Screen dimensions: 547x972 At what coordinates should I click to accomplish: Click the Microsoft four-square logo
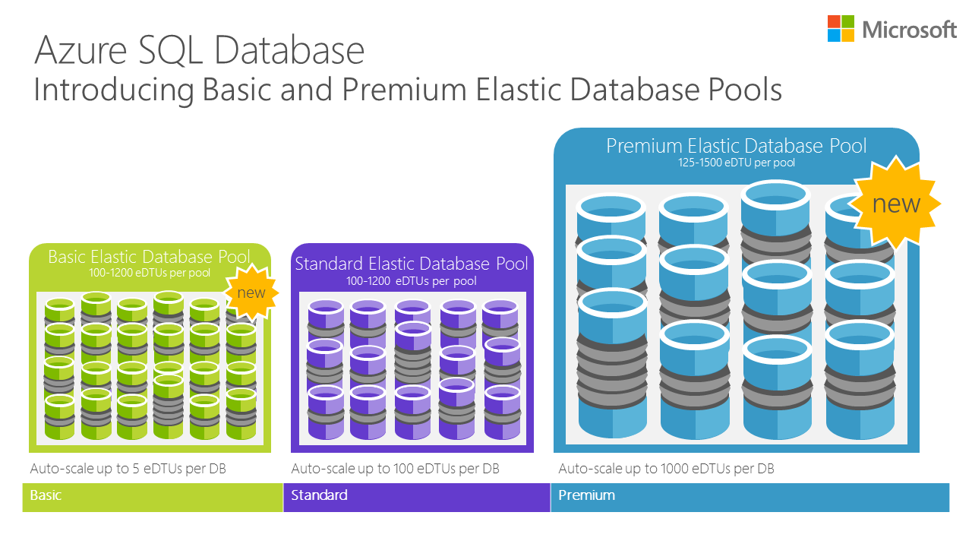coord(841,29)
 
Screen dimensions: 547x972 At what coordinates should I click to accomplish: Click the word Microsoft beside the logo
coord(909,30)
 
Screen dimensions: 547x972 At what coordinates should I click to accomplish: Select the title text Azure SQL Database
coord(200,50)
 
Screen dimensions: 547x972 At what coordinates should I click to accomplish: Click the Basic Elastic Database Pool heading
coord(149,257)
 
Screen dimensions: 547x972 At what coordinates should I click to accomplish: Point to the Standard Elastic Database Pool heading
coord(412,264)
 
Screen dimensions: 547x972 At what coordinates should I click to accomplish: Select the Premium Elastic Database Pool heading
coord(736,146)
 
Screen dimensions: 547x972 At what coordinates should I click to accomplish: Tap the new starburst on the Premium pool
coord(896,204)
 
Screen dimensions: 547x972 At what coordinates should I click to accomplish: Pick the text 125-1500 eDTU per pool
coord(736,163)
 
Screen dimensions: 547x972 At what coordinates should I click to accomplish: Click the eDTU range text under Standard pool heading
coord(412,281)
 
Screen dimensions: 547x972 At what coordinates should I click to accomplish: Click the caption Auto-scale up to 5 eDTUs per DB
coord(128,469)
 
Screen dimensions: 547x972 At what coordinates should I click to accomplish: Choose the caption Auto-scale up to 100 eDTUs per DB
coord(395,469)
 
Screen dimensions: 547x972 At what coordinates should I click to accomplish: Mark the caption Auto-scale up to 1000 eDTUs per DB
coord(666,469)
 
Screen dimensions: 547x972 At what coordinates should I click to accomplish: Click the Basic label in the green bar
coord(46,495)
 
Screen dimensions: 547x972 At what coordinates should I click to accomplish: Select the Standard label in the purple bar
coord(319,495)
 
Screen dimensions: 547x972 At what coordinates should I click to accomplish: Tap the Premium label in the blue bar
coord(586,495)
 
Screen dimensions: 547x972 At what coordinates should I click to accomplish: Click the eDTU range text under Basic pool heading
coord(149,272)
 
